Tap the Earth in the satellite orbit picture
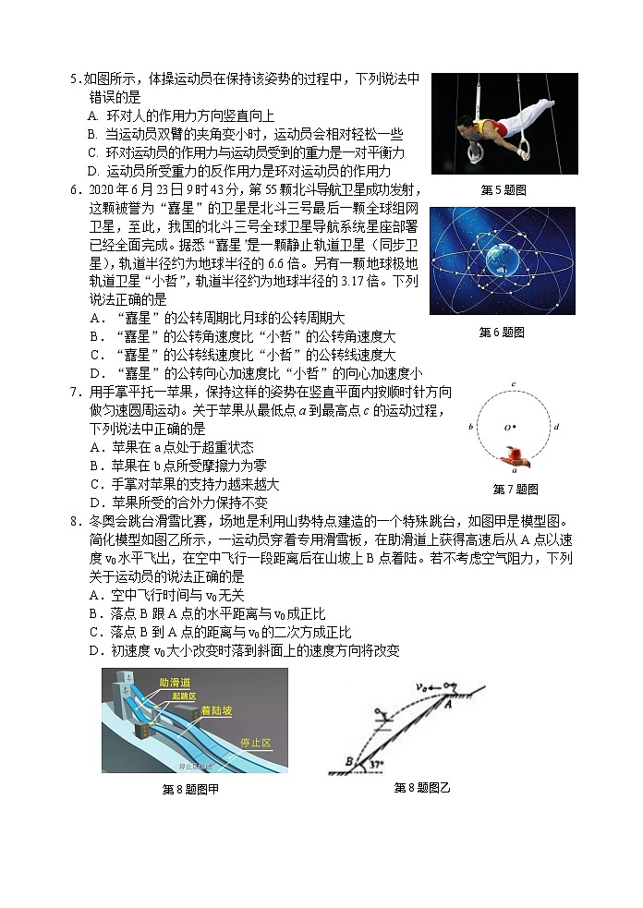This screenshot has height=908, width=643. pos(503,256)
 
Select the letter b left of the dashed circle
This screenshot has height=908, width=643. pos(472,427)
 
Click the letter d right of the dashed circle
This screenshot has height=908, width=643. pos(555,427)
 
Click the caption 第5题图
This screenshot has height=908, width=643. pos(503,190)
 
